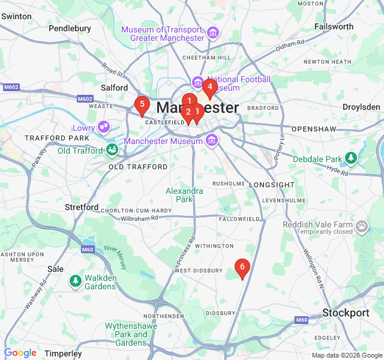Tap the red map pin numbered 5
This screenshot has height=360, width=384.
pos(142,105)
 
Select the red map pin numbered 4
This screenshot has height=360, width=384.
pos(209,88)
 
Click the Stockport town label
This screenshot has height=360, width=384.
pos(346,313)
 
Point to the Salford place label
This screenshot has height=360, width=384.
pos(114,87)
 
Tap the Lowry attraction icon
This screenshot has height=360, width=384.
pos(104,126)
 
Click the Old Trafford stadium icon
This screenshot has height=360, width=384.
pos(112,150)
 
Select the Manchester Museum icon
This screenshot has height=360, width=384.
pos(211,141)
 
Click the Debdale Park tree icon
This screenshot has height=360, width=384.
pos(351,159)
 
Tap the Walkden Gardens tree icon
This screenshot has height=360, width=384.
pos(76,280)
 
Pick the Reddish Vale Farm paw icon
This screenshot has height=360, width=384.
pos(362,226)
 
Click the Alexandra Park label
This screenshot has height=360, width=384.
pos(184,195)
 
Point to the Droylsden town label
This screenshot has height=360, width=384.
pos(361,107)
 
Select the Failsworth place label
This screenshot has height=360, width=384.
pos(334,26)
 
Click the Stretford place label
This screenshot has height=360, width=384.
pos(82,207)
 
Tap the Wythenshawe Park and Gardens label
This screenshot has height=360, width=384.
pos(126,334)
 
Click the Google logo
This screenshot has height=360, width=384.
pos(20,353)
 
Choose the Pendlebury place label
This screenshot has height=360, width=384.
pos(70,28)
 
